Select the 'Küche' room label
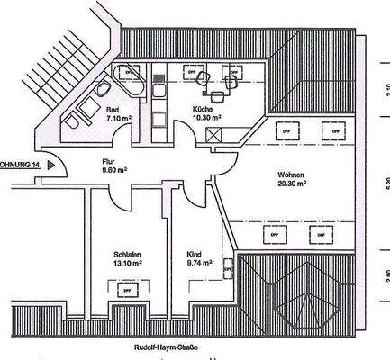click(202, 109)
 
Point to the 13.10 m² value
click(127, 264)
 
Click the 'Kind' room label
click(195, 254)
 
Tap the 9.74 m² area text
click(198, 264)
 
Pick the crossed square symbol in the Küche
click(214, 137)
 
